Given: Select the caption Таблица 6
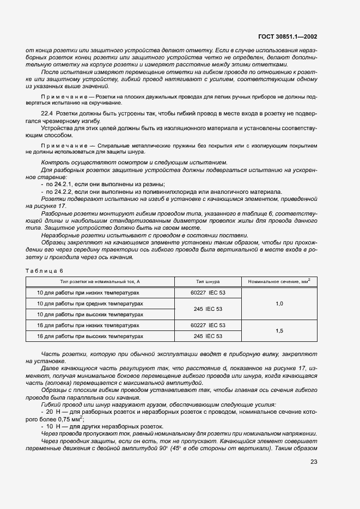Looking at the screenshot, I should pos(45,271).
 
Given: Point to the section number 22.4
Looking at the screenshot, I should pos(48,113).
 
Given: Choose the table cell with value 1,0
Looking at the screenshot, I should pos(279,303).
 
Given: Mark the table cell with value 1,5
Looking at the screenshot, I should pos(279,330).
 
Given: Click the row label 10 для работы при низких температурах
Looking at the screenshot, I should pos(90,292).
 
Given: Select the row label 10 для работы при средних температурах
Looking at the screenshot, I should pos(91,303).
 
